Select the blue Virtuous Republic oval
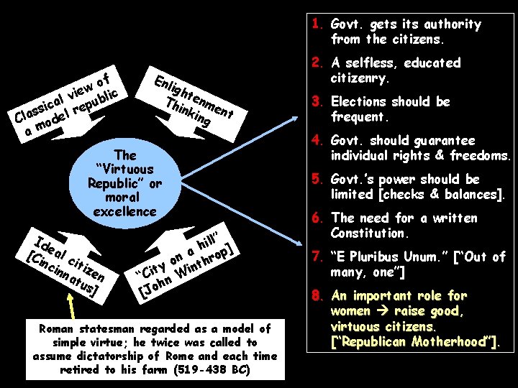(125, 183)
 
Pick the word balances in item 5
(473, 194)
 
